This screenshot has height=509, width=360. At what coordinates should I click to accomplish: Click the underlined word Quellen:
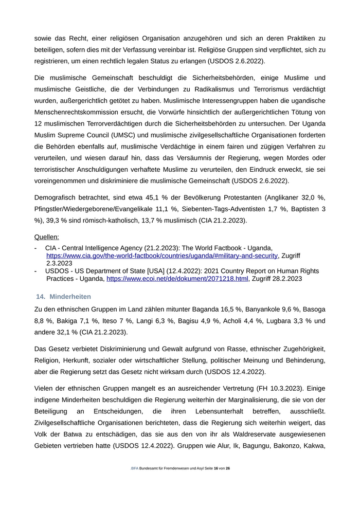point(46,237)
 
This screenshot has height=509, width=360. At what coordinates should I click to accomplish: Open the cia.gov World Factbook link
point(162,256)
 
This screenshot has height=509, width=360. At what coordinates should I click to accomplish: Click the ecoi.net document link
point(177,279)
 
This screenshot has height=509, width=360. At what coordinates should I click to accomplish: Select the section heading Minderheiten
point(70,297)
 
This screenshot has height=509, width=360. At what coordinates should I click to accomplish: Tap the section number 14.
point(41,297)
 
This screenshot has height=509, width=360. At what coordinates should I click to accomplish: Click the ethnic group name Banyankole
point(263,310)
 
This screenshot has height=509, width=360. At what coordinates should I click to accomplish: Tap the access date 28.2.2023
point(286,279)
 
